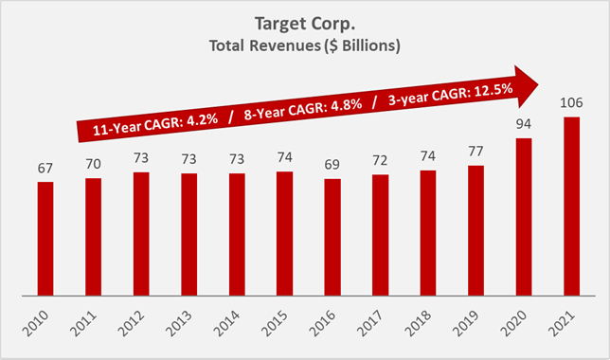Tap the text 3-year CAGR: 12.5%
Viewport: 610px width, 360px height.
coord(439,94)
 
